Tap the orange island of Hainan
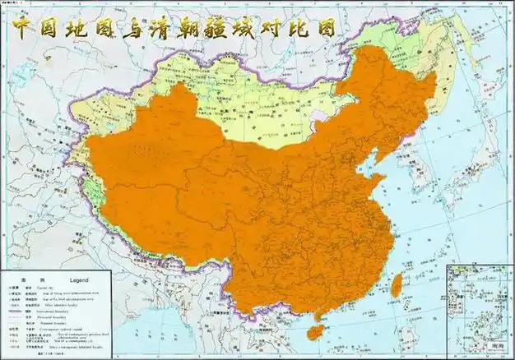314,331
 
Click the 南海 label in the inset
496,348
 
